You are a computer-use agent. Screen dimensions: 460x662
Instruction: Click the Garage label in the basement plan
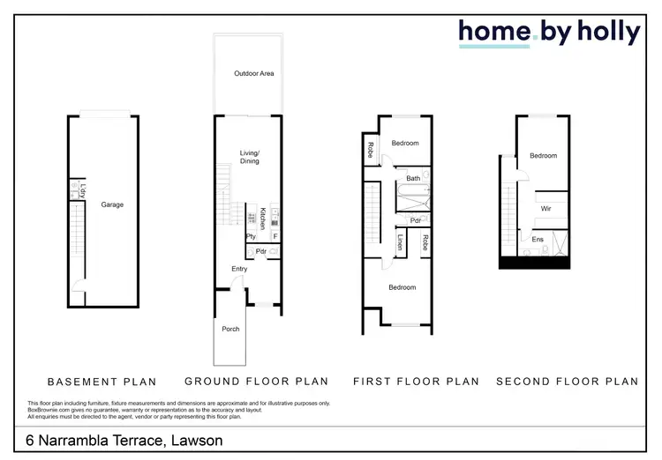click(x=112, y=204)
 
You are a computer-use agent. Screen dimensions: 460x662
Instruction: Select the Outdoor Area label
click(x=251, y=73)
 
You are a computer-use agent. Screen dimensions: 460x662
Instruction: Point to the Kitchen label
click(x=263, y=218)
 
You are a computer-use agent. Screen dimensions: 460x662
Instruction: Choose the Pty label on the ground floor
click(x=251, y=236)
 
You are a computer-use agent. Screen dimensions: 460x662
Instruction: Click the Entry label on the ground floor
click(x=240, y=269)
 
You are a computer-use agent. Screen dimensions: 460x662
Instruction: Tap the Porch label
click(x=230, y=329)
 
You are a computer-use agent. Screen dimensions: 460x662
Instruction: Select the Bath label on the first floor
click(x=413, y=179)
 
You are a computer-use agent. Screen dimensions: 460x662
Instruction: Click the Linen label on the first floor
click(x=400, y=241)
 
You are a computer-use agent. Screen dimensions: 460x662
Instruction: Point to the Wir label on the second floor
click(x=546, y=208)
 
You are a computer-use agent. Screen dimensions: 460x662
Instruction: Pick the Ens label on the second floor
click(x=538, y=239)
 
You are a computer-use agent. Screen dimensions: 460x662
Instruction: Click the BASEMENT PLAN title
click(x=102, y=382)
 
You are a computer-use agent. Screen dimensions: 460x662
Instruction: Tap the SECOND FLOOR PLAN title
click(x=567, y=382)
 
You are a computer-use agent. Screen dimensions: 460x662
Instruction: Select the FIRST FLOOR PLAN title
click(x=416, y=382)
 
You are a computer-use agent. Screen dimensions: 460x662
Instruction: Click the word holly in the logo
click(x=609, y=32)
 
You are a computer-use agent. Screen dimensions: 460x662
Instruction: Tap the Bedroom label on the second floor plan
click(x=543, y=156)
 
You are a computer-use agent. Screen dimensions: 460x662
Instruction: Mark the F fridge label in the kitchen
click(x=275, y=236)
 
